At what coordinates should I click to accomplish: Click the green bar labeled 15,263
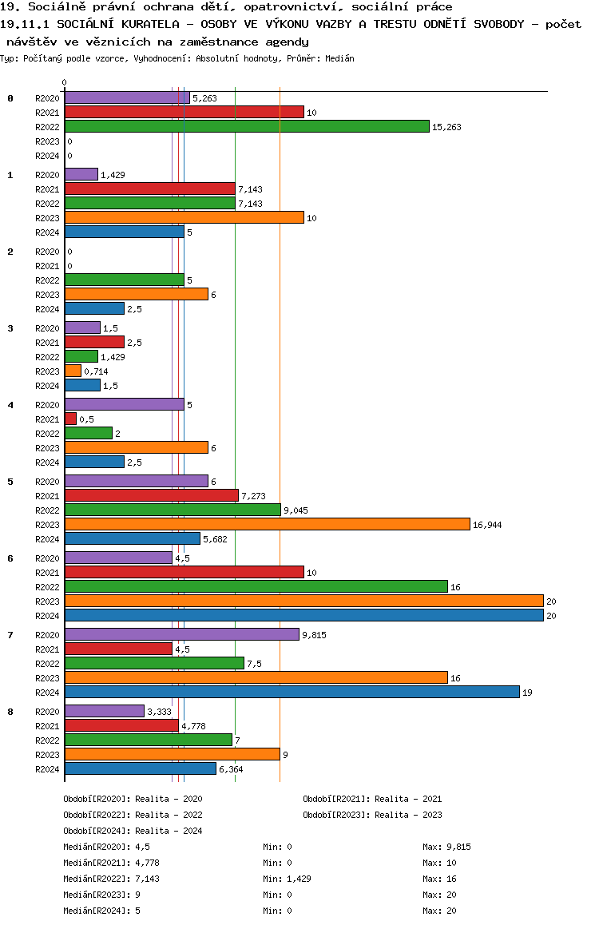(247, 126)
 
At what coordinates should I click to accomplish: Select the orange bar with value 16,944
(267, 524)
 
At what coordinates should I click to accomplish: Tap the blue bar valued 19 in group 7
(292, 692)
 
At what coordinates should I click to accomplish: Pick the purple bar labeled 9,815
(181, 634)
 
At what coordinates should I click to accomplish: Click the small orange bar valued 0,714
(73, 371)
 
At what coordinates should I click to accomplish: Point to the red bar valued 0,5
(70, 419)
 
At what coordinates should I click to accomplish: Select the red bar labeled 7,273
(151, 495)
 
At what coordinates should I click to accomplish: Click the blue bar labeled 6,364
(140, 768)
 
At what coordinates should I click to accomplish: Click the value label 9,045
(296, 510)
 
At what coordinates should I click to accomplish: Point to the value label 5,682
(215, 539)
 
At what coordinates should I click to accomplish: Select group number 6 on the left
(10, 558)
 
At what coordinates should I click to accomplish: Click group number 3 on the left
(10, 328)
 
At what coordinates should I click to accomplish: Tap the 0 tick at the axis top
(65, 82)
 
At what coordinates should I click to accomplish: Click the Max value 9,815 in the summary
(458, 847)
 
